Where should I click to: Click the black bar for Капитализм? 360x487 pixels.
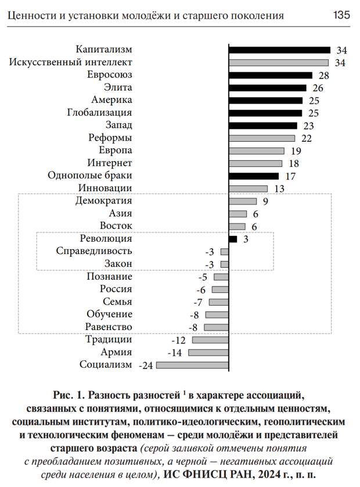coord(279,50)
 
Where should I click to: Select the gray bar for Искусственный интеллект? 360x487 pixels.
coord(279,63)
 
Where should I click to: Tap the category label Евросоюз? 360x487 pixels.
coord(110,76)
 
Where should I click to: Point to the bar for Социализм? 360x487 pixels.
coord(192,365)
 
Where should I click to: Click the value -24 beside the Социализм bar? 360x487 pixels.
coord(146,366)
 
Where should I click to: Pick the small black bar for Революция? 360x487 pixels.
coord(233,239)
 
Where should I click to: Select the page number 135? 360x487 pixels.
coord(341,15)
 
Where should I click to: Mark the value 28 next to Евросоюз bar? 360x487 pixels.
coord(324,76)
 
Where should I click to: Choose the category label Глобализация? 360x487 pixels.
coord(99,113)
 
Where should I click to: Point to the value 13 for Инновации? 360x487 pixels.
coord(279,188)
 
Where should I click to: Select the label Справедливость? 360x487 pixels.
coord(94,251)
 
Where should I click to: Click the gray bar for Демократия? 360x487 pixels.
coord(243,201)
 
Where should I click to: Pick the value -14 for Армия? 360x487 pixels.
coord(174,353)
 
